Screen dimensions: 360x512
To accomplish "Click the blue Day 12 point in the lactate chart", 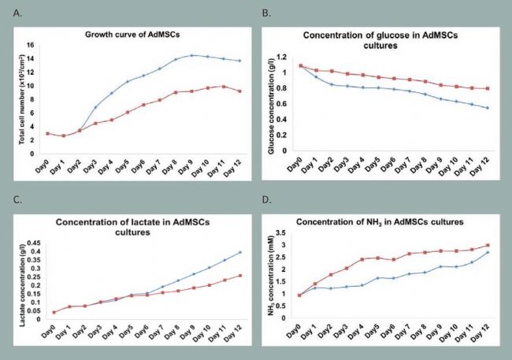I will click(x=239, y=252).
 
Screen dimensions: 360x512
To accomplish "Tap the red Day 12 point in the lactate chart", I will click(x=239, y=276).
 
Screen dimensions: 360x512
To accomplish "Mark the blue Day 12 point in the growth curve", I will click(x=239, y=61).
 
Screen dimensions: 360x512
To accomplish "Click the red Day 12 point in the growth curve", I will click(x=239, y=91).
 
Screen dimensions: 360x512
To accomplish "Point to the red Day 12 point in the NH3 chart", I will click(x=487, y=245).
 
